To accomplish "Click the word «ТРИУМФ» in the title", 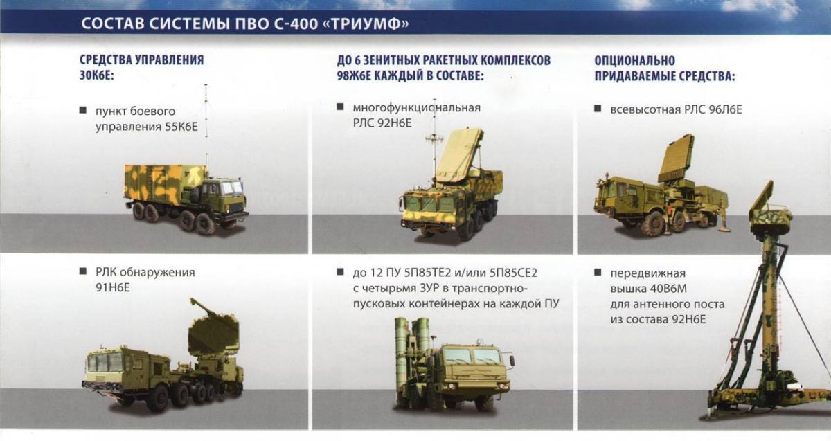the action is tap(367, 24).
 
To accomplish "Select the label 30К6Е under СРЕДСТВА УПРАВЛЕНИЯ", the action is tap(96, 75).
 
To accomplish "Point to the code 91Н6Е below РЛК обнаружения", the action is tap(113, 288).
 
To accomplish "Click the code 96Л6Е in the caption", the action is tap(725, 110).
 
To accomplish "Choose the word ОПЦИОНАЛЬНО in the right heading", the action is tap(634, 60).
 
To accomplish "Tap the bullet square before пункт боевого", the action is tap(82, 110).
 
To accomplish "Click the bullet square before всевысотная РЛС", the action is tap(598, 109).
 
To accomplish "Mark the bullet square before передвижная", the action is tap(598, 273).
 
